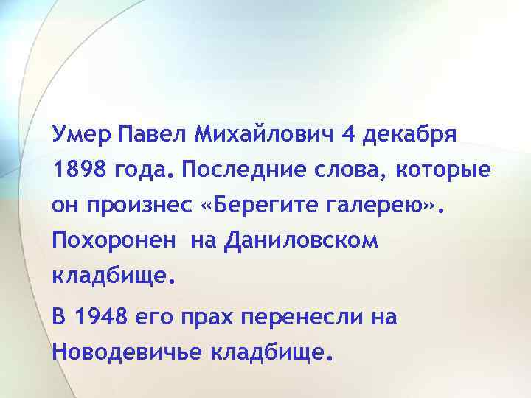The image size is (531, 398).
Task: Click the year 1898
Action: point(77,171)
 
